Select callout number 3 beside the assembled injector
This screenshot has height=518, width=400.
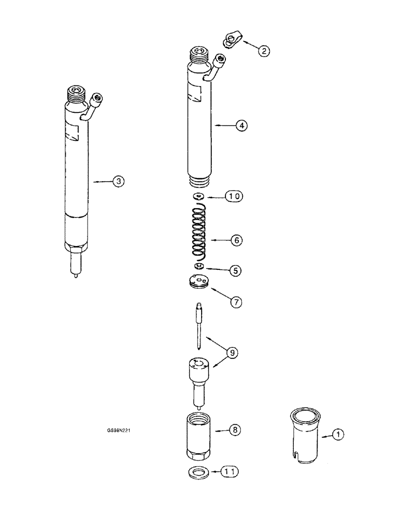[x=119, y=181]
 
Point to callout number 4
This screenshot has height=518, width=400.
[x=241, y=125]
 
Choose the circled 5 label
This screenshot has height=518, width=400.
[x=236, y=270]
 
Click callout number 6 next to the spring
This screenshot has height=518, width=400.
[x=236, y=240]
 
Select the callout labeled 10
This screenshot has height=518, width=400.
[x=233, y=196]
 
